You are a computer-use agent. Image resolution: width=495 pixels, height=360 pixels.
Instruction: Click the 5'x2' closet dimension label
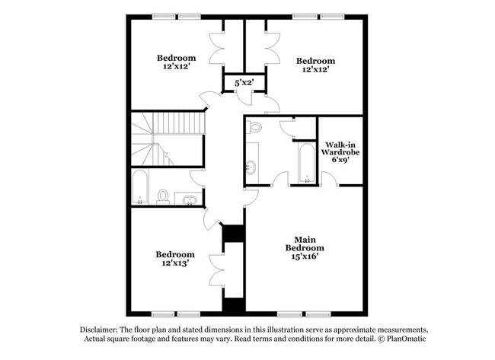[243, 81]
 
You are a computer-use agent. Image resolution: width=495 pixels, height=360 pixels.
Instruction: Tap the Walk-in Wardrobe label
[342, 152]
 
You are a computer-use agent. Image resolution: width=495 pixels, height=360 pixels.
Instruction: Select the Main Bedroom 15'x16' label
[305, 248]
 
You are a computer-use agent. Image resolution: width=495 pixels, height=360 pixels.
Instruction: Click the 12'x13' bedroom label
[176, 258]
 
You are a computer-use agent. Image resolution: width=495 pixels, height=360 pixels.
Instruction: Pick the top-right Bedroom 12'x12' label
[315, 65]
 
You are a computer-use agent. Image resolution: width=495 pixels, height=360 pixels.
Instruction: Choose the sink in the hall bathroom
[189, 199]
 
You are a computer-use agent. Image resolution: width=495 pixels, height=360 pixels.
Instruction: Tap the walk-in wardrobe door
[329, 180]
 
